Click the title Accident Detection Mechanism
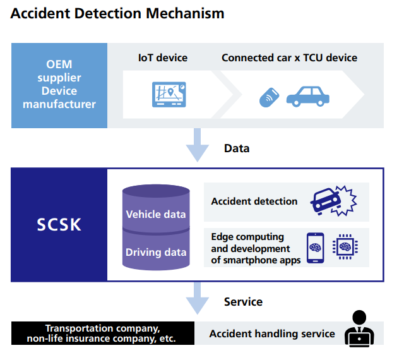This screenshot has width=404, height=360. coord(117,12)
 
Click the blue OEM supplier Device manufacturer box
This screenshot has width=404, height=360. coord(59,85)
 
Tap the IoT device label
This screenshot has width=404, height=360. coord(163,57)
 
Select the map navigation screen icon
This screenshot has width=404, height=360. coord(169,94)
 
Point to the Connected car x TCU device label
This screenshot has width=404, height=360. coord(289,57)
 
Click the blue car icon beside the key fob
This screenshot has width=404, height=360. coord(308,95)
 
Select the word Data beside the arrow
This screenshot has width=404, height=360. coord(237,148)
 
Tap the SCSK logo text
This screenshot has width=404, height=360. coord(59,224)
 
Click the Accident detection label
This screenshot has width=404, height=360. coord(254,201)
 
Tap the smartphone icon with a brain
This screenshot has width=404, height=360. coord(315,247)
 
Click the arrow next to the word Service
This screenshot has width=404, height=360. coord(198,298)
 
